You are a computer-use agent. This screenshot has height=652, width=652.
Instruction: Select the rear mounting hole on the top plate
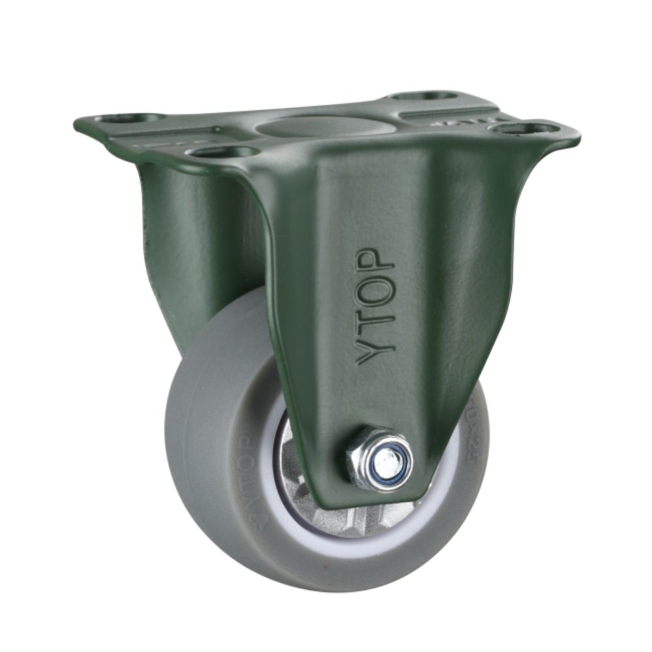[x=424, y=96]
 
